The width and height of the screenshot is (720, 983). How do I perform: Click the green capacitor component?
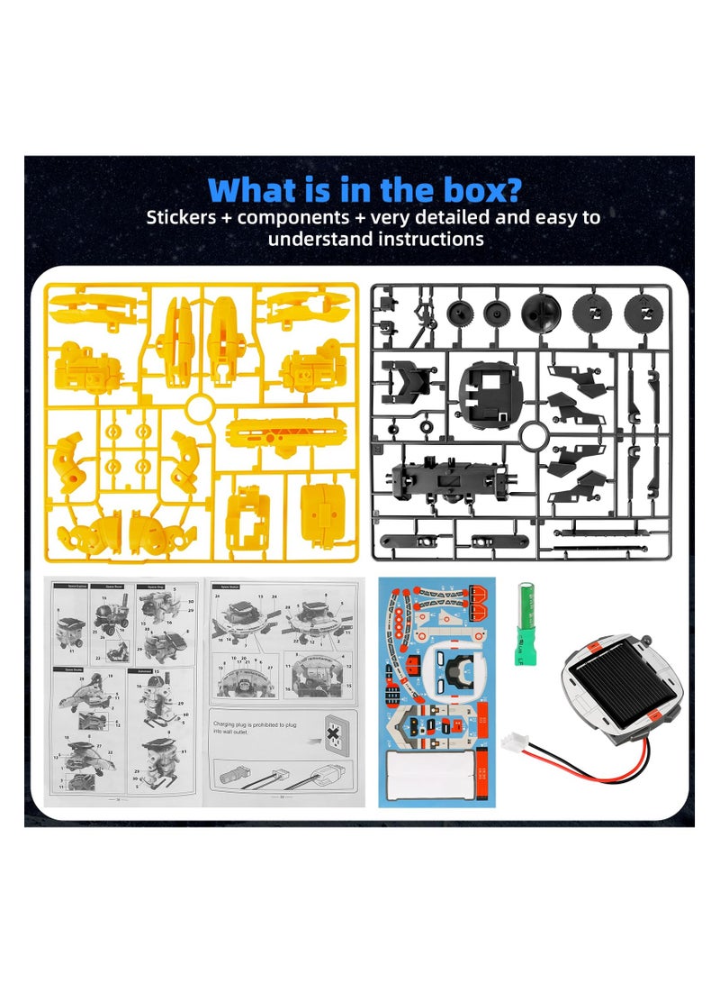tap(521, 612)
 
